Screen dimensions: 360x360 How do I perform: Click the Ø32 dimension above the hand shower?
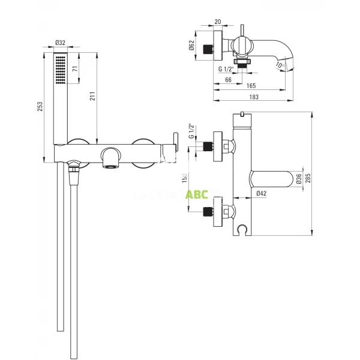point(61,43)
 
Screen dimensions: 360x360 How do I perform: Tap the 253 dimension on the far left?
point(40,107)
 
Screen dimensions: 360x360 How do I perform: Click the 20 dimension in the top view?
point(217,22)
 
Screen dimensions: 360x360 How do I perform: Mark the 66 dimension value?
point(229,79)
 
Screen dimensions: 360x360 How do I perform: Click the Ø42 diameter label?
point(261,193)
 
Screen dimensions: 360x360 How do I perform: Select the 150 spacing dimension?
point(185,178)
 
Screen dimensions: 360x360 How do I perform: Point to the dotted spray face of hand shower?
point(60,69)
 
